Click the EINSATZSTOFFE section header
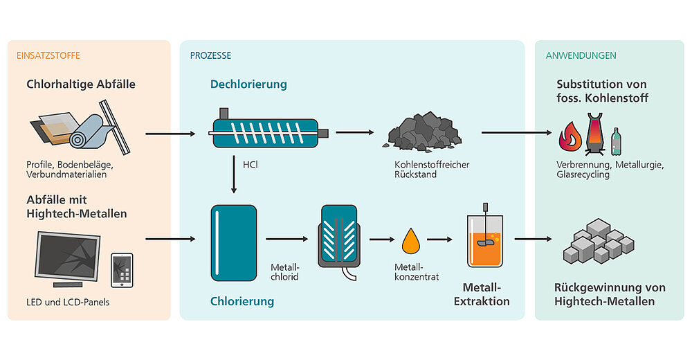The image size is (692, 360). tap(43, 55)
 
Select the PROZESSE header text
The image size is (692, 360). tap(211, 55)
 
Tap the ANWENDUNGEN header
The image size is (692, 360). tap(581, 55)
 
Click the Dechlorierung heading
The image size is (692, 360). tap(248, 84)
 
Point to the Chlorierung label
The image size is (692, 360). tap(242, 301)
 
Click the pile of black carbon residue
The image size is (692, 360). tap(423, 133)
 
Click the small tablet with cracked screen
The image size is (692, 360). tap(122, 269)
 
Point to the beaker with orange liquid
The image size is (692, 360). tap(486, 242)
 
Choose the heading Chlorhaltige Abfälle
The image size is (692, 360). tap(81, 84)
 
